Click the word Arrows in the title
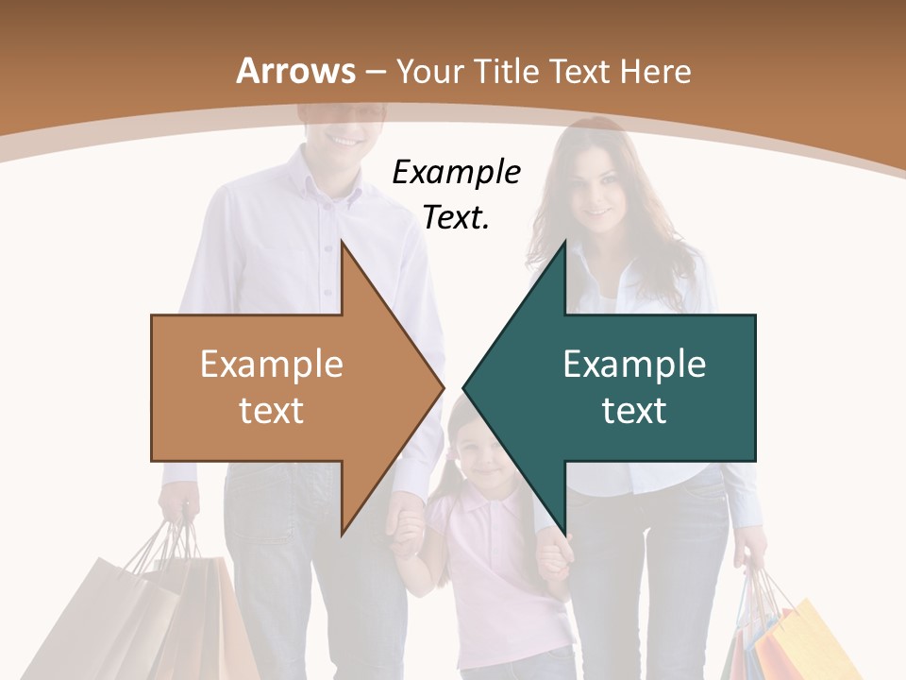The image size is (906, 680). [295, 71]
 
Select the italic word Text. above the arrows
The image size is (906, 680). [456, 218]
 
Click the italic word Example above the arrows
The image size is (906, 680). [456, 173]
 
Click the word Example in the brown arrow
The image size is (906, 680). [272, 364]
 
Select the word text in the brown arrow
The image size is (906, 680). [272, 411]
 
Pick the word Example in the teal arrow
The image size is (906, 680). [634, 364]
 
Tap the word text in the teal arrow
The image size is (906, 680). [634, 411]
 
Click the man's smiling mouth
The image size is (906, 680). [344, 140]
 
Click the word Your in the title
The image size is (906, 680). [421, 71]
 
